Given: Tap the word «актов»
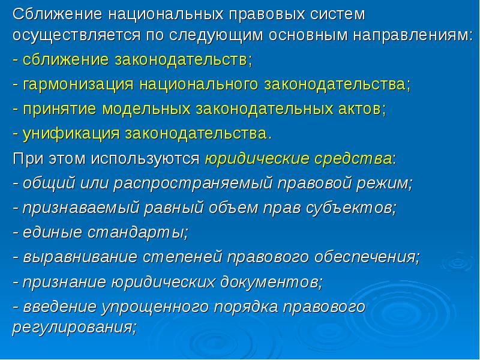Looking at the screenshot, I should coord(354,109).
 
